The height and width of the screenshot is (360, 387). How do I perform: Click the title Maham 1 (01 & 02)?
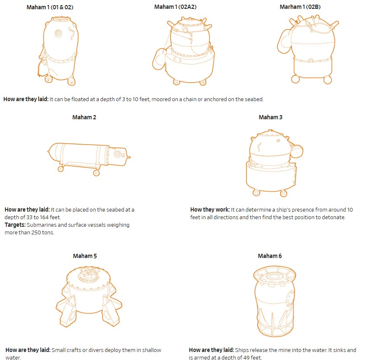click(50, 7)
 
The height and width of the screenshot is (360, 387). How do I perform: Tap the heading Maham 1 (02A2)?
click(176, 7)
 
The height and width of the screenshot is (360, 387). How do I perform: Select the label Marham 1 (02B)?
click(300, 7)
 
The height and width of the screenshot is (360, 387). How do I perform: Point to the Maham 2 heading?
click(84, 117)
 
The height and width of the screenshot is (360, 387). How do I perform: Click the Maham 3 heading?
click(271, 117)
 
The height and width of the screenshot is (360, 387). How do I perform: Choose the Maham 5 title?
click(85, 256)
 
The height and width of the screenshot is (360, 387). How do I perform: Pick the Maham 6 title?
click(270, 256)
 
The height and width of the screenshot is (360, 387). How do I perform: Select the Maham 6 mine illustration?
click(274, 301)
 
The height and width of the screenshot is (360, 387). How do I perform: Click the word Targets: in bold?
click(15, 225)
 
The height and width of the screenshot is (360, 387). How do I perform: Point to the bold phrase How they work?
click(210, 210)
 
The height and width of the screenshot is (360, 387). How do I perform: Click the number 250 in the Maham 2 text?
click(36, 233)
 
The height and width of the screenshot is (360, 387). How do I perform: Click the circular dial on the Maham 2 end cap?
click(117, 154)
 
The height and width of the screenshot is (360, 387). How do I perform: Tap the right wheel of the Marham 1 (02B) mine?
click(327, 80)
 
